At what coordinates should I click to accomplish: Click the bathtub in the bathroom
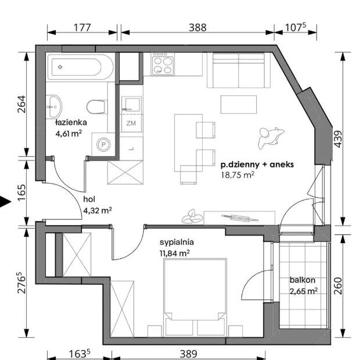(x=80, y=67)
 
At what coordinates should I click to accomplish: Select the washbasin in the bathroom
(x=56, y=106)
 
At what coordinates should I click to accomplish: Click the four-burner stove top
(x=163, y=64)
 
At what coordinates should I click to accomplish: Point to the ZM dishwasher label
(x=131, y=123)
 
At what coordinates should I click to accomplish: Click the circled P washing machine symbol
(x=104, y=145)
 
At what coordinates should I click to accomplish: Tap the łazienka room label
(x=71, y=122)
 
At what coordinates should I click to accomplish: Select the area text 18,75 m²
(x=238, y=174)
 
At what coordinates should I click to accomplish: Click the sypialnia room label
(x=177, y=243)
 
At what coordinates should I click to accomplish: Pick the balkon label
(x=303, y=280)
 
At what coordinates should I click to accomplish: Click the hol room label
(x=89, y=199)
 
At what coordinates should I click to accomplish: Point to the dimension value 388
(x=197, y=28)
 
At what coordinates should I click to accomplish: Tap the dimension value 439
(x=338, y=139)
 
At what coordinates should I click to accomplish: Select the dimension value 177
(x=82, y=28)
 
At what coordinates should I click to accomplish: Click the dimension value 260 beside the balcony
(x=338, y=286)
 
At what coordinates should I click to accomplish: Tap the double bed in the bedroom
(x=195, y=297)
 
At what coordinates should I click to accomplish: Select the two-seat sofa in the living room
(x=239, y=70)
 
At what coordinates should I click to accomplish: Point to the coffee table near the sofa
(x=239, y=105)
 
